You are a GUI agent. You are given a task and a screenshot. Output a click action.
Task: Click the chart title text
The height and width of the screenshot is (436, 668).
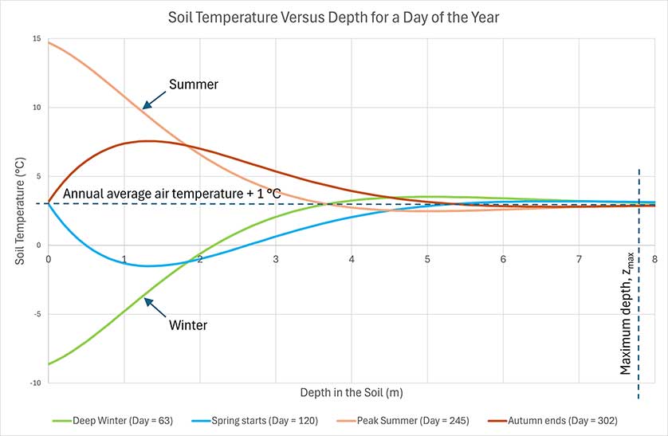(x=333, y=18)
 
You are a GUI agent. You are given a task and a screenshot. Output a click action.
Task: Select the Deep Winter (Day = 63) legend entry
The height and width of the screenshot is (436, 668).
(x=112, y=421)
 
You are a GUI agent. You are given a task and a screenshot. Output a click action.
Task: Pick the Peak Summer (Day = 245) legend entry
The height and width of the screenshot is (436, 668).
(x=403, y=421)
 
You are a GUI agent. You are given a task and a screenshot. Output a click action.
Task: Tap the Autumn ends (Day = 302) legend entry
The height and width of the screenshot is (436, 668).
(x=552, y=421)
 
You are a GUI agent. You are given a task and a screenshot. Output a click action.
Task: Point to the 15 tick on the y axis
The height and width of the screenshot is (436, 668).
(x=37, y=39)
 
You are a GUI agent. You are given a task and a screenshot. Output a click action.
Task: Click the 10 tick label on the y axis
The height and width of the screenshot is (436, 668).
(x=37, y=108)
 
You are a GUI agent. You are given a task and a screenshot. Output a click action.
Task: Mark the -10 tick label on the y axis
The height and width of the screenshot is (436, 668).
(x=36, y=383)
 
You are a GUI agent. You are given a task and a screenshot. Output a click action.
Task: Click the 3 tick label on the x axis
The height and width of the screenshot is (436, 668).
(x=276, y=259)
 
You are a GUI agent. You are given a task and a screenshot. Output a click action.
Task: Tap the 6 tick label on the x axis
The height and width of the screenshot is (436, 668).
(x=503, y=259)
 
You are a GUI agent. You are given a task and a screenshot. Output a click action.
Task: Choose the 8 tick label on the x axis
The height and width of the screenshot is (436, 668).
(x=654, y=259)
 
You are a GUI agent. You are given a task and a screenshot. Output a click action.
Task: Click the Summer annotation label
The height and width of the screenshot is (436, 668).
(x=194, y=84)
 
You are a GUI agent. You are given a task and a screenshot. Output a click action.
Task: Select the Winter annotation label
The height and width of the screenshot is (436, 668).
(x=188, y=325)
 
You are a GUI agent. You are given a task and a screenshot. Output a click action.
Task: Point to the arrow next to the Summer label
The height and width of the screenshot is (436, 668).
(x=154, y=100)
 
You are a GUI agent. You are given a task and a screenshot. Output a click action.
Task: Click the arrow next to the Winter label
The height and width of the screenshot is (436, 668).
(x=155, y=308)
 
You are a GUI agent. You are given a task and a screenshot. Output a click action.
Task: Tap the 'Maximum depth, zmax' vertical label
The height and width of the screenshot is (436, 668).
(x=627, y=314)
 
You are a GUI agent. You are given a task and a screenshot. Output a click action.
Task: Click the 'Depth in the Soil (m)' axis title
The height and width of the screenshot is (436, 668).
(x=352, y=392)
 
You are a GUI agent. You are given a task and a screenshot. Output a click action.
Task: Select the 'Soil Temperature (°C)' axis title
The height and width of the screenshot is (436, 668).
(x=20, y=211)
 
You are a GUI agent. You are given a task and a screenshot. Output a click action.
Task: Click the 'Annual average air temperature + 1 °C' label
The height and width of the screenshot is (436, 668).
(x=172, y=194)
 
